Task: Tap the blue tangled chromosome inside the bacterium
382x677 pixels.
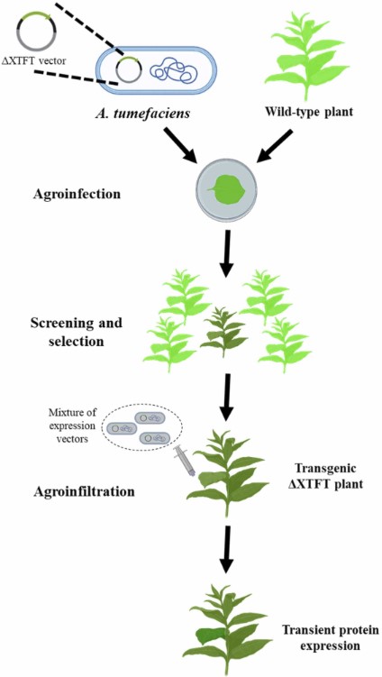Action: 168,70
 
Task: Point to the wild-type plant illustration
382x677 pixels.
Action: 306,54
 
